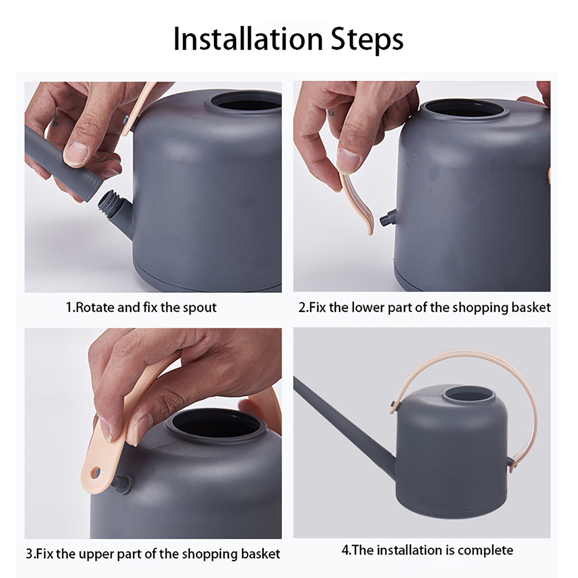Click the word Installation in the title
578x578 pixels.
[x=248, y=39]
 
